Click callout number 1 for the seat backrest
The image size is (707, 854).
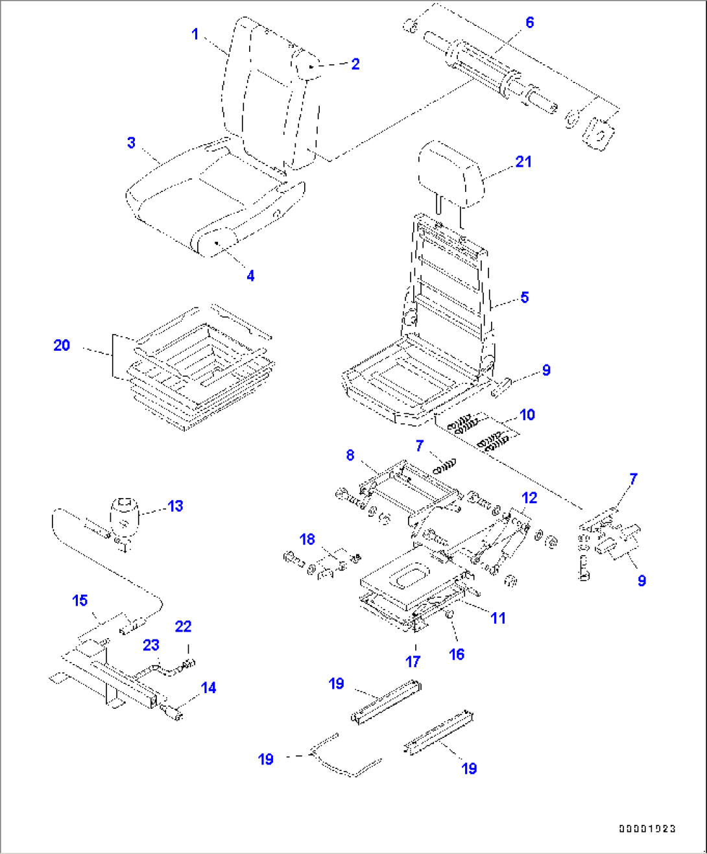pos(195,34)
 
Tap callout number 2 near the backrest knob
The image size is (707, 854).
pos(355,64)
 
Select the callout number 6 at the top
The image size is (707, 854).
pos(529,23)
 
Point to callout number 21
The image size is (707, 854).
pos(523,161)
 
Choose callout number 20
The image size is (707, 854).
pos(62,345)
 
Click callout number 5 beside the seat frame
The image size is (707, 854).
pos(524,297)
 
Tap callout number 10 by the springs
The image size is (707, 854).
pos(527,414)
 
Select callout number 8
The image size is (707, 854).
pos(350,455)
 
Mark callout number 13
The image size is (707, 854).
pos(175,506)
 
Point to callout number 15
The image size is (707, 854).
pos(80,600)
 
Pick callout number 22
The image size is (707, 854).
pos(183,626)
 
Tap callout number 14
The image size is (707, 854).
pos(208,687)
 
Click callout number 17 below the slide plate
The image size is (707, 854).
pos(413,661)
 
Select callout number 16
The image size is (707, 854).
pos(457,654)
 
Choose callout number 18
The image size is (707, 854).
pos(307,539)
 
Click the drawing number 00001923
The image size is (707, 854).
pos(647,828)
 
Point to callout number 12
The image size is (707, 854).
pos(529,497)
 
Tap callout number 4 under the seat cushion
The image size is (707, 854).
pos(250,276)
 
